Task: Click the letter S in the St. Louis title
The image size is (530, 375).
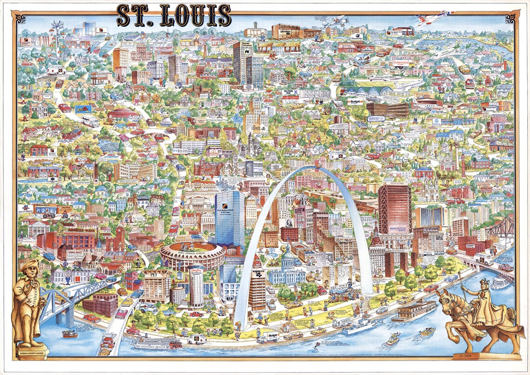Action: (124, 16)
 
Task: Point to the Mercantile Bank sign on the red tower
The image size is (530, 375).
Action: (395, 229)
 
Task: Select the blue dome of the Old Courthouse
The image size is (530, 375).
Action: (288, 256)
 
